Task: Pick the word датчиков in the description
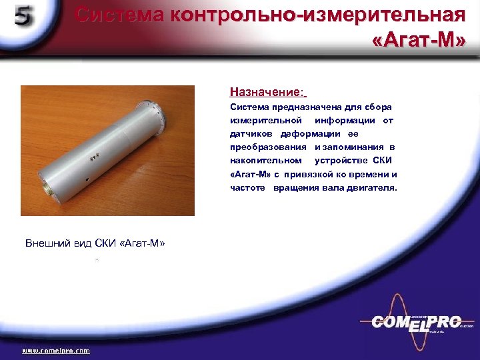(x=250, y=133)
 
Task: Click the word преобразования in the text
(x=268, y=147)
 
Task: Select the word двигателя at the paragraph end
(x=374, y=188)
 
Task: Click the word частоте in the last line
(x=248, y=188)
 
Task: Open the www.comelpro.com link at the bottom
(x=56, y=350)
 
